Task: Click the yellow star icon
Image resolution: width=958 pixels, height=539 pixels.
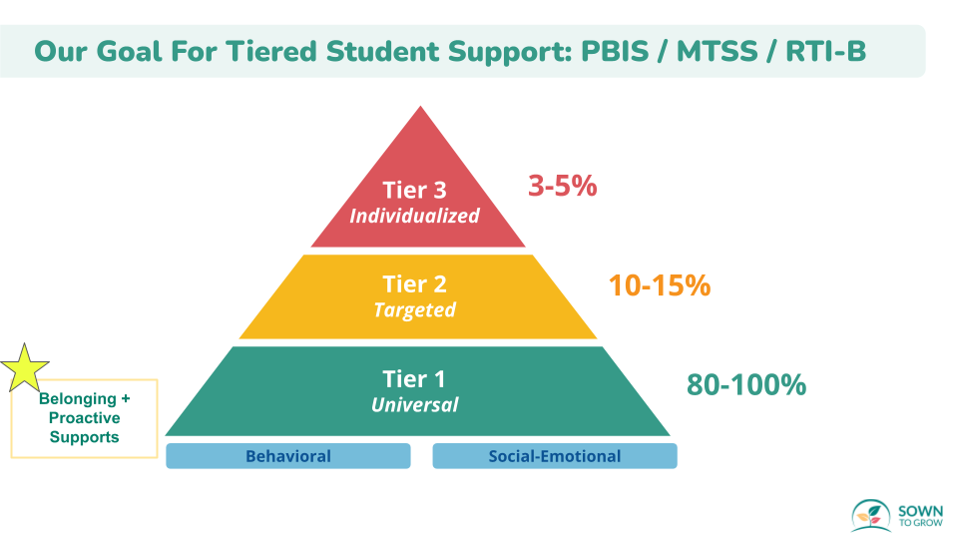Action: (25, 366)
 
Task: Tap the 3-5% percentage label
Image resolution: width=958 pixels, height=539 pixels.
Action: (562, 186)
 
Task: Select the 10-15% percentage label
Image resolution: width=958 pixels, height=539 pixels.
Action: (659, 285)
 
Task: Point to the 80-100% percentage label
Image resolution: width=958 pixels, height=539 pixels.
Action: (745, 384)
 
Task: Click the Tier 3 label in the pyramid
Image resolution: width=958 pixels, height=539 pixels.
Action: (415, 190)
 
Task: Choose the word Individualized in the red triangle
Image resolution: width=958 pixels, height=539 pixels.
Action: (414, 216)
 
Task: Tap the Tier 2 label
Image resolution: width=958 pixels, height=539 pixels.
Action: (415, 284)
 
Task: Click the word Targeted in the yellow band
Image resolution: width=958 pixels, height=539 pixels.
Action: (414, 309)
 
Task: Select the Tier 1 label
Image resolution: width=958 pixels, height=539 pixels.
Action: (415, 378)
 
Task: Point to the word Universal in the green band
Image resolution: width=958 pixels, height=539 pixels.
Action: (415, 404)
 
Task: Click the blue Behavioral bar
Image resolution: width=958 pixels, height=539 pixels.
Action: (287, 456)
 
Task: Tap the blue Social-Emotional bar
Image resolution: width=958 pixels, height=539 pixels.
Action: (554, 456)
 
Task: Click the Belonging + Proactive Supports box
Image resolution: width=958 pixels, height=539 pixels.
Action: (85, 418)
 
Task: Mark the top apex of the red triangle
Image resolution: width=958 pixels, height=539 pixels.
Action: (419, 108)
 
